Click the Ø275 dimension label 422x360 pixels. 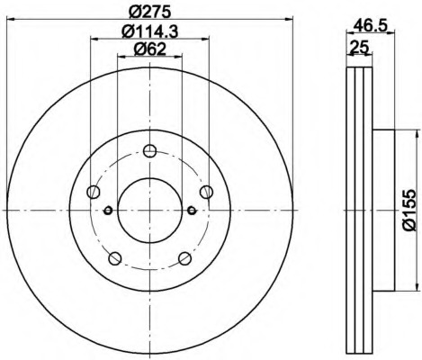tap(149, 13)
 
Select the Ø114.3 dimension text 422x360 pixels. tap(150, 31)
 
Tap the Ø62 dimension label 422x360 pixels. tap(149, 49)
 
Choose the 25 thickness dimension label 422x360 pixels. tap(359, 47)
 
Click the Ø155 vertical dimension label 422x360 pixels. tap(409, 210)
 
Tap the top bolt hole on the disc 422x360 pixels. tap(149, 150)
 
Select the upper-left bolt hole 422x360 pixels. tap(94, 192)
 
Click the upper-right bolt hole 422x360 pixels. tap(206, 192)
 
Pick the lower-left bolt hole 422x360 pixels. tap(115, 258)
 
